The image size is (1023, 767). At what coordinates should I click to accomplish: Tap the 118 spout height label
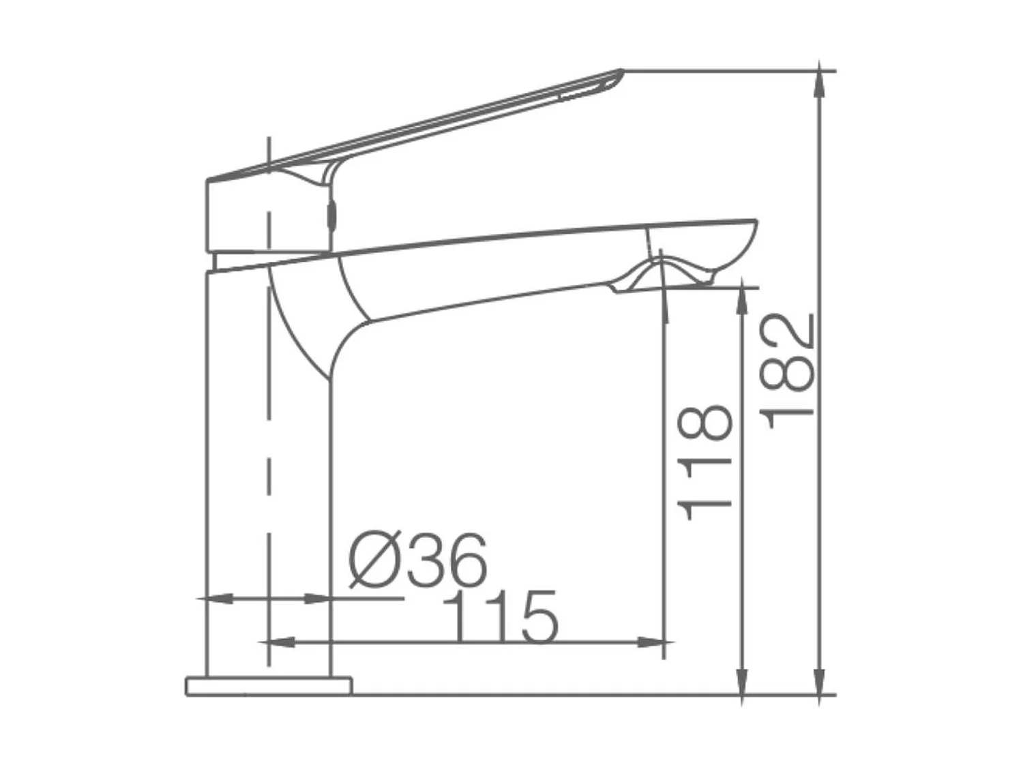pos(705,464)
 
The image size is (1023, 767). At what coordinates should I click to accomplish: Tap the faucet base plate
pos(268,686)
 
